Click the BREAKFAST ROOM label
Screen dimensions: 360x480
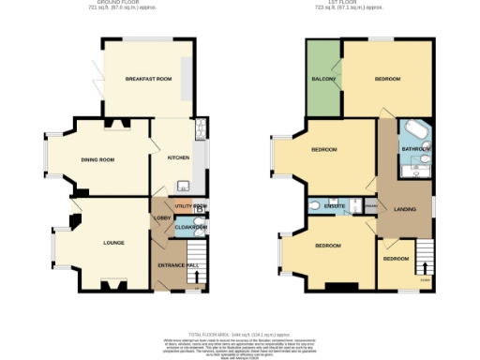[148, 79]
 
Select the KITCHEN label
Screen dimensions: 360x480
[178, 157]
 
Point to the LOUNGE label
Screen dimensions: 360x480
[112, 243]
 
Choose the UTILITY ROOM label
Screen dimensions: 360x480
[189, 204]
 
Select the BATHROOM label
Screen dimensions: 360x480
[415, 149]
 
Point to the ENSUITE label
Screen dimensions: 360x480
[335, 206]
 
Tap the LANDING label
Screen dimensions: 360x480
[404, 208]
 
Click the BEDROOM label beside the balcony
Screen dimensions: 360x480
[387, 79]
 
